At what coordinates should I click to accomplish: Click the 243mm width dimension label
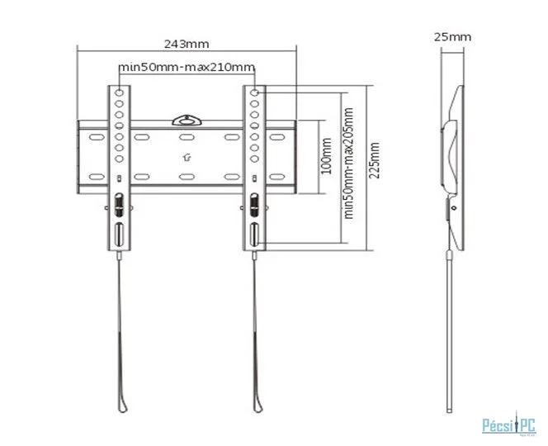pos(187,44)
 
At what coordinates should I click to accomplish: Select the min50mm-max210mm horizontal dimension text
pos(187,66)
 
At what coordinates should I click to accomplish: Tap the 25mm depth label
pos(452,36)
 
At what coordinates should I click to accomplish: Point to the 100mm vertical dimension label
pos(326,156)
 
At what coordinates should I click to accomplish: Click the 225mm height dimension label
pos(375,160)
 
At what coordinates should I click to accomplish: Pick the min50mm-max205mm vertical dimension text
pos(348,164)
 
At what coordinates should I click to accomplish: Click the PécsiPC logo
pos(509,425)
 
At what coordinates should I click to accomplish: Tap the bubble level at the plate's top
pos(187,121)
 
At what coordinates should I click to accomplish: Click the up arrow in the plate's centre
pos(187,158)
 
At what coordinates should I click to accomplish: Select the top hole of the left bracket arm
pos(119,93)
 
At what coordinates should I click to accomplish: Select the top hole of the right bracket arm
pos(255,93)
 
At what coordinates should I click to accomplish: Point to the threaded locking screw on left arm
pos(119,204)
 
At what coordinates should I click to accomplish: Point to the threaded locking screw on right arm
pos(254,204)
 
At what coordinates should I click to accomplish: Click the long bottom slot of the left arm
pos(119,234)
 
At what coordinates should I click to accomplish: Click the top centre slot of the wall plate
pos(187,137)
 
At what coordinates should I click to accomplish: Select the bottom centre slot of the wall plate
pos(187,177)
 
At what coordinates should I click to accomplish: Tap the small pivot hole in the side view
pos(454,208)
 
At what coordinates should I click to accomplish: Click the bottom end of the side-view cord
pos(450,411)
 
